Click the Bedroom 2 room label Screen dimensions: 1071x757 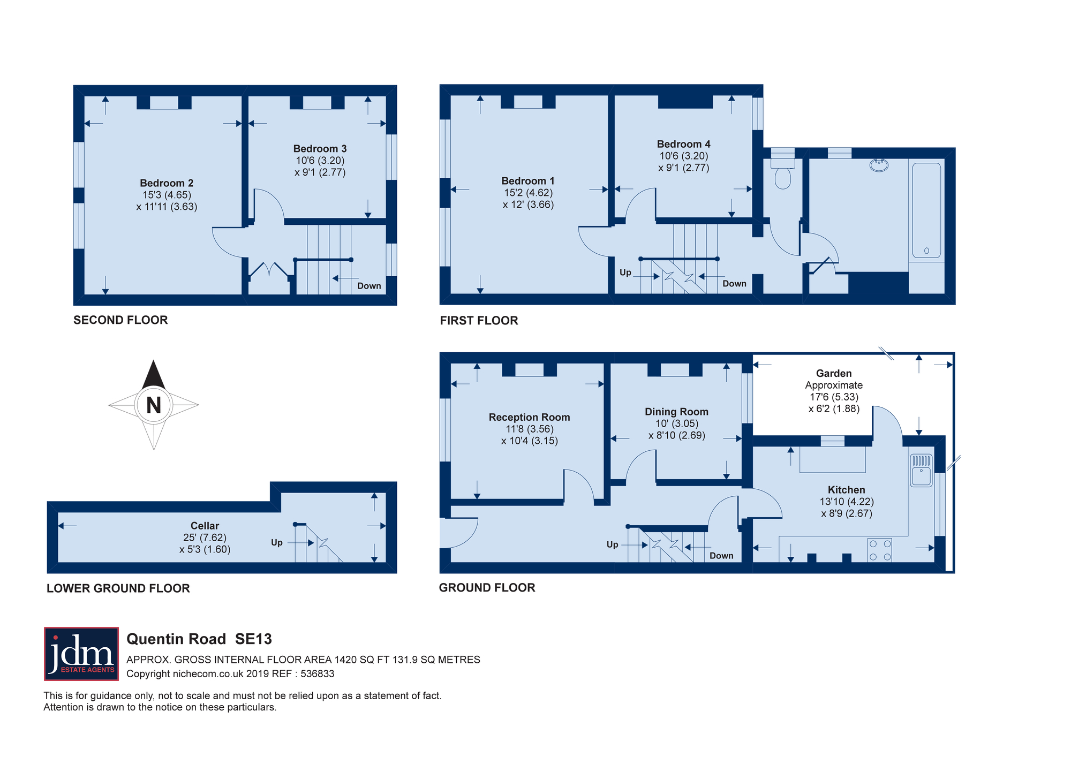pyautogui.click(x=167, y=183)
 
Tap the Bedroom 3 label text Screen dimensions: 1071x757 pyautogui.click(x=320, y=149)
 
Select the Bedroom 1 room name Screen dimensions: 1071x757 pyautogui.click(x=528, y=181)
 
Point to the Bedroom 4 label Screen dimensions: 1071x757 pyautogui.click(x=683, y=144)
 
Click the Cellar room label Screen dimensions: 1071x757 pyautogui.click(x=205, y=526)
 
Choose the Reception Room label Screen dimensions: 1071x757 pyautogui.click(x=529, y=417)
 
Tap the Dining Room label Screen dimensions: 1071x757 pyautogui.click(x=676, y=412)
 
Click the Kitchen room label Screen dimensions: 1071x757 pyautogui.click(x=846, y=490)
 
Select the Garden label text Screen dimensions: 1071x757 pyautogui.click(x=834, y=373)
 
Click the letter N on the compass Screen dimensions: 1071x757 pyautogui.click(x=154, y=405)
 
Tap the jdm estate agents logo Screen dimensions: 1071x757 pyautogui.click(x=81, y=654)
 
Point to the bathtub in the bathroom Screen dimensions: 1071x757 pyautogui.click(x=926, y=210)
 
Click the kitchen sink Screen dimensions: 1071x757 pyautogui.click(x=921, y=470)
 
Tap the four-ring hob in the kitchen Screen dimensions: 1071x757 pyautogui.click(x=880, y=550)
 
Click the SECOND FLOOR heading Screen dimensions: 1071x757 pyautogui.click(x=120, y=320)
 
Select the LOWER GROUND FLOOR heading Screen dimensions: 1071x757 pyautogui.click(x=118, y=588)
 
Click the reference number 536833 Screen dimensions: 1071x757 pyautogui.click(x=317, y=674)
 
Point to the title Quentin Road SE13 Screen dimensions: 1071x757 pyautogui.click(x=199, y=639)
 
